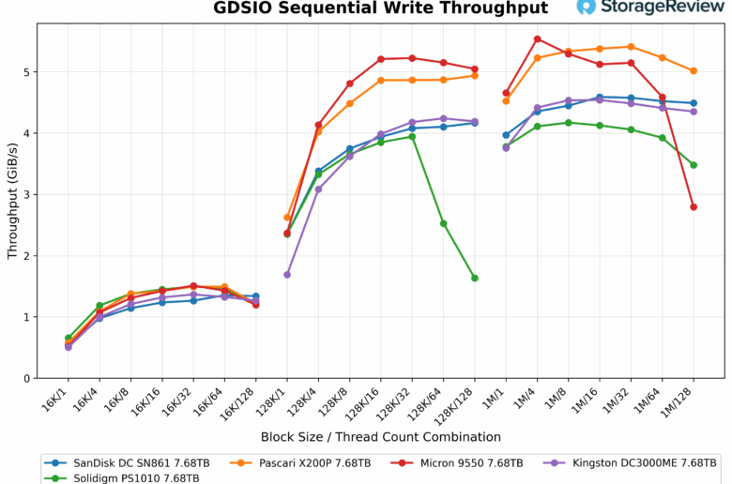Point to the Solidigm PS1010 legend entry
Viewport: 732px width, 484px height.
(130, 477)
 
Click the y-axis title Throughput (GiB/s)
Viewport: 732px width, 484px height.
(12, 201)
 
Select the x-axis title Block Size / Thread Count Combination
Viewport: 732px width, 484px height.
(381, 437)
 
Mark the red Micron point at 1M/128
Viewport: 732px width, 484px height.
(694, 206)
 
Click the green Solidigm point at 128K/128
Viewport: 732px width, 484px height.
(475, 278)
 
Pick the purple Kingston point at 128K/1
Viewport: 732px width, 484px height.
(287, 275)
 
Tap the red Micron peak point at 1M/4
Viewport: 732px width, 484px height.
(537, 39)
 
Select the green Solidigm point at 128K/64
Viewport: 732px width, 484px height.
(444, 223)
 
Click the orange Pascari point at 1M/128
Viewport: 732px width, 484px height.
(694, 71)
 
